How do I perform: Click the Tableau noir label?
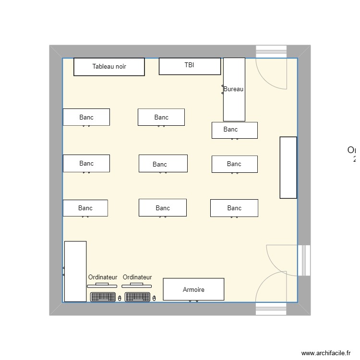point(109,67)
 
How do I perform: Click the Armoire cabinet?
point(193,289)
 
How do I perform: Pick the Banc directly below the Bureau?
point(235,130)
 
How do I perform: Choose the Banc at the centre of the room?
point(163,164)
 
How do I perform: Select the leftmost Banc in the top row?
point(86,117)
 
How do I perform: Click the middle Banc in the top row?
point(161,117)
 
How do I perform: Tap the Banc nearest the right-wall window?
point(234,208)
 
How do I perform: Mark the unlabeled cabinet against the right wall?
point(288,168)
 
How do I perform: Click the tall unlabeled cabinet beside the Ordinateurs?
point(75,271)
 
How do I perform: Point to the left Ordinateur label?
point(103,277)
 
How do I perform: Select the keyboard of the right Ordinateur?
point(137,297)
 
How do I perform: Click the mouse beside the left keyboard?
point(120,298)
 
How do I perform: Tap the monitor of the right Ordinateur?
point(137,285)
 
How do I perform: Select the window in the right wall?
point(304,261)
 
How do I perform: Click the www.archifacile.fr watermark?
point(326,353)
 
